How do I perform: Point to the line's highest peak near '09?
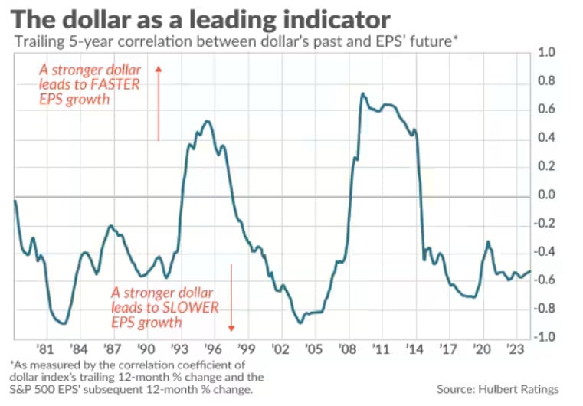pyautogui.click(x=362, y=94)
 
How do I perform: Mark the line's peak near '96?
pyautogui.click(x=206, y=121)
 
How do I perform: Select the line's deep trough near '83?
pyautogui.click(x=64, y=323)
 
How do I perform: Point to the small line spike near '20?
pyautogui.click(x=488, y=242)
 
